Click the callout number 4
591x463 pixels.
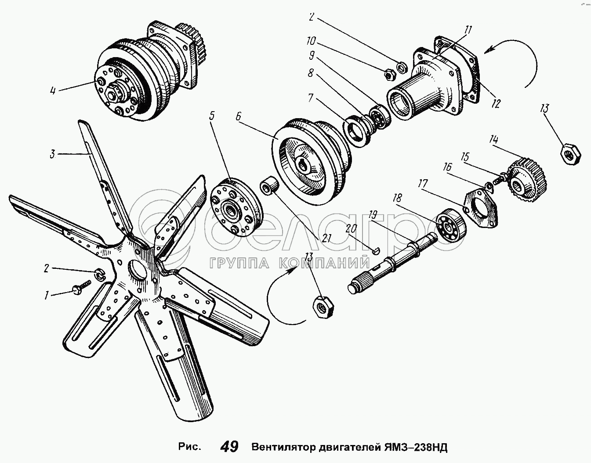pyautogui.click(x=52, y=91)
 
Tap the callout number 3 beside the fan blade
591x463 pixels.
pyautogui.click(x=52, y=154)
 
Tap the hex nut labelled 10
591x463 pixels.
pyautogui.click(x=388, y=75)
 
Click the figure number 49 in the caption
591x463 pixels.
pyautogui.click(x=229, y=447)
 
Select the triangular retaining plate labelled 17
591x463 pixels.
pyautogui.click(x=482, y=208)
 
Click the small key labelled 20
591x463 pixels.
pyautogui.click(x=373, y=251)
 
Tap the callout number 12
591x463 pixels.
pyautogui.click(x=496, y=104)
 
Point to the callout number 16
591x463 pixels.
pyautogui.click(x=448, y=167)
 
